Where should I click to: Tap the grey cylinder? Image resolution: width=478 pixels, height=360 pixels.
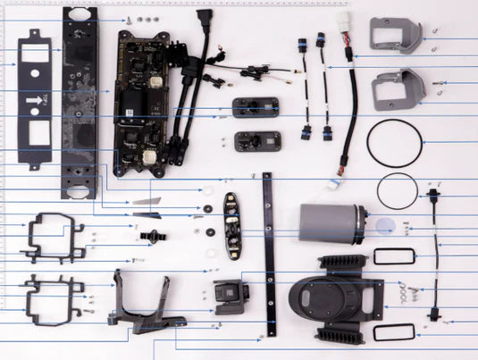(x=326, y=225)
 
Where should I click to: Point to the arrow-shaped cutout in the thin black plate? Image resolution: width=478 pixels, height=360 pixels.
(x=31, y=100)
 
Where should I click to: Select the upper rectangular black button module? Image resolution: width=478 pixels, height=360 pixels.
(x=257, y=108)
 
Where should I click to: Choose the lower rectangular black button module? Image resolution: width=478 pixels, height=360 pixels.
(x=257, y=141)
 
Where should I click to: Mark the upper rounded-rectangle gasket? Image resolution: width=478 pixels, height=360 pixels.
(x=394, y=257)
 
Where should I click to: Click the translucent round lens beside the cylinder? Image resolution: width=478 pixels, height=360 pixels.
(x=387, y=224)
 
